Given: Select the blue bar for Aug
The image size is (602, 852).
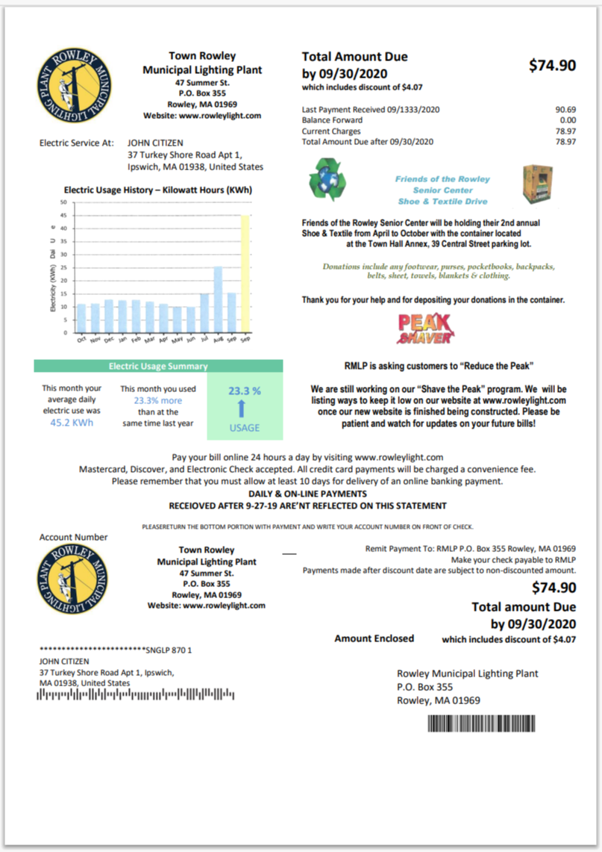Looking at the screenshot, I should (x=218, y=299).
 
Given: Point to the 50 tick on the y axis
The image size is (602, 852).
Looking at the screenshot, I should (x=63, y=202).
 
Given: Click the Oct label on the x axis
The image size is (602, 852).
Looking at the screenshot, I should (x=81, y=339).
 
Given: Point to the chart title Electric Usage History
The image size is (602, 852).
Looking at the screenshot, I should (x=158, y=190).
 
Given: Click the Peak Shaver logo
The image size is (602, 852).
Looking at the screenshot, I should (x=424, y=329).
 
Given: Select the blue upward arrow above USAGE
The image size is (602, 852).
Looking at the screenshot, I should (x=245, y=408).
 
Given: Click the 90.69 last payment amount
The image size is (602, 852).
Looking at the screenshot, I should (x=565, y=109).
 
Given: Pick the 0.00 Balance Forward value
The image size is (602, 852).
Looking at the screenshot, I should (x=568, y=119).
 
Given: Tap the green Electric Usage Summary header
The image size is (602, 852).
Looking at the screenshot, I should (x=158, y=366).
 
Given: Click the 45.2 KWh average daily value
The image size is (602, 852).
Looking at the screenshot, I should (x=71, y=422).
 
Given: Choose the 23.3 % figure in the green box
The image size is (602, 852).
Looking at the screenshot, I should (x=245, y=390).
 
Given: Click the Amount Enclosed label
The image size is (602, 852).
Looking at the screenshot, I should (x=374, y=638).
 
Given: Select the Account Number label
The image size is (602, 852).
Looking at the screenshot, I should (x=73, y=537).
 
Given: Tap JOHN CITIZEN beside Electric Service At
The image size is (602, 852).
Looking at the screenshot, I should (x=155, y=143).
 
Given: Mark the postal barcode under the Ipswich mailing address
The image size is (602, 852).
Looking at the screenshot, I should (x=136, y=696).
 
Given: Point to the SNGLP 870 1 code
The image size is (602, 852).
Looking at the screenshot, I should (x=169, y=650).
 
